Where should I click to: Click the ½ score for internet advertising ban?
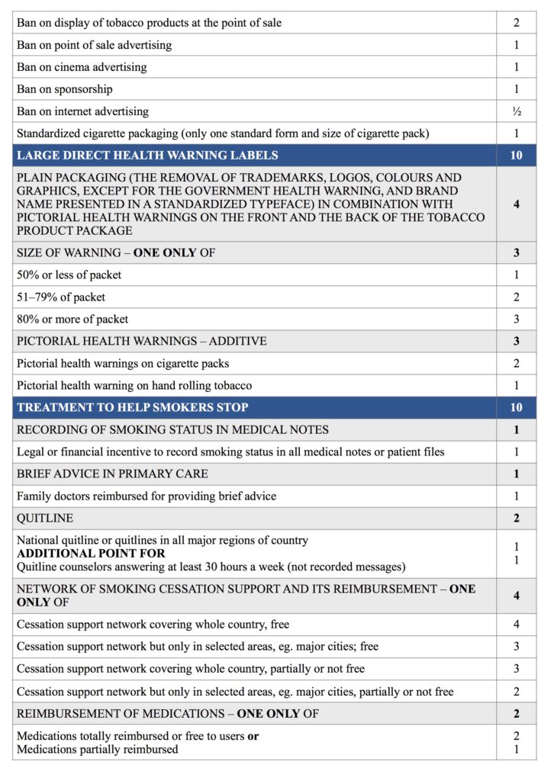point(517,111)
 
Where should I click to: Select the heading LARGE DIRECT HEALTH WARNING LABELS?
point(147,156)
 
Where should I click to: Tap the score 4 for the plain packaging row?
point(517,204)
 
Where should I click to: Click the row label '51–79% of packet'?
point(61,297)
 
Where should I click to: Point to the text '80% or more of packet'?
point(72,319)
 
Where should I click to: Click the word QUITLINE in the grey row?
point(45,518)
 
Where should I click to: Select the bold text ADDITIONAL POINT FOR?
point(92,553)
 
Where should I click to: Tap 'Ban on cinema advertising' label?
point(82,67)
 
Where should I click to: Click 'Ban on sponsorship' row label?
point(65,89)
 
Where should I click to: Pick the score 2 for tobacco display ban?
point(517,23)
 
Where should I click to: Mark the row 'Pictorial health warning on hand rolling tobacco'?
point(134,385)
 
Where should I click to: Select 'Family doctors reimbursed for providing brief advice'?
point(147,496)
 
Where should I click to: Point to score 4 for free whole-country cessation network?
point(517,625)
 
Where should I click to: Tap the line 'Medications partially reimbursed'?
point(98,749)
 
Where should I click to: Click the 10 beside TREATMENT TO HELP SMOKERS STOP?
point(517,407)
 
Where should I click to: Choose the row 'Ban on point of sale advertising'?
point(94,45)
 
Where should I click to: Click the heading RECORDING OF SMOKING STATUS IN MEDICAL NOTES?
point(172,429)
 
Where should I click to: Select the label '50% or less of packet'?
point(69,275)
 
